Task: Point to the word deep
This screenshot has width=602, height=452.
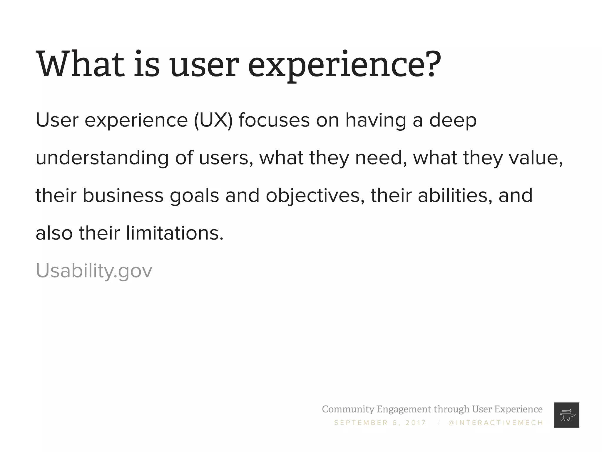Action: click(453, 121)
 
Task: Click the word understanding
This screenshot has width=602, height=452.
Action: click(102, 158)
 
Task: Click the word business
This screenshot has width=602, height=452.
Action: click(123, 195)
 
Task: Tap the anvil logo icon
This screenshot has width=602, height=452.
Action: click(566, 415)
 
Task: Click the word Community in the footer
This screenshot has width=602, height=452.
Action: click(348, 409)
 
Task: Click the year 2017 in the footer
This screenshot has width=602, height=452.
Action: click(415, 423)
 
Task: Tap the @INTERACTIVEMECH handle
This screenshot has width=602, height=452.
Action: click(496, 423)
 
